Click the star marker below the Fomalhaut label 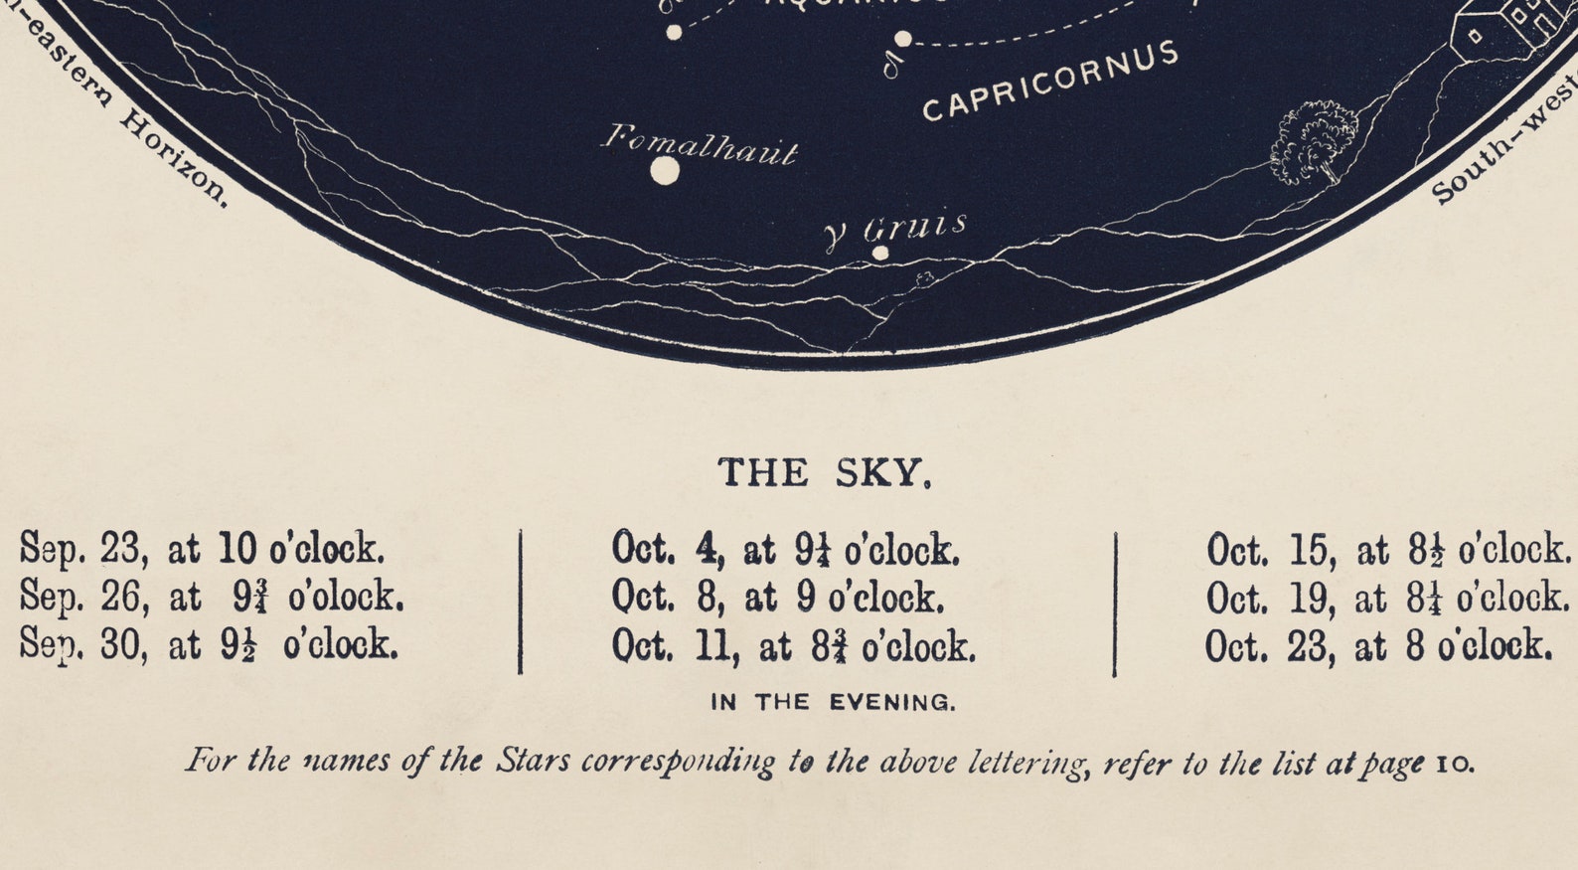click(x=665, y=172)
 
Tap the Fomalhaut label click(x=700, y=145)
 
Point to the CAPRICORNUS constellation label click(x=1050, y=82)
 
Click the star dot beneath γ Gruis click(x=880, y=253)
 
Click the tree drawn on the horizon click(x=1314, y=142)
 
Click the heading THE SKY click(x=825, y=473)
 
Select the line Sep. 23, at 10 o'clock click(x=202, y=549)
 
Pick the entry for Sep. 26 click(x=212, y=598)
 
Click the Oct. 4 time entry click(x=785, y=550)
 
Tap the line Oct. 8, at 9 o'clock click(x=777, y=598)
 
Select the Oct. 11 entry click(x=793, y=646)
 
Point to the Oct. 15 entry click(x=1388, y=550)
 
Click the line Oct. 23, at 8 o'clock click(x=1378, y=646)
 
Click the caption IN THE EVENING click(x=833, y=703)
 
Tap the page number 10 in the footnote click(x=1455, y=765)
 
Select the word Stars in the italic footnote click(x=533, y=762)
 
